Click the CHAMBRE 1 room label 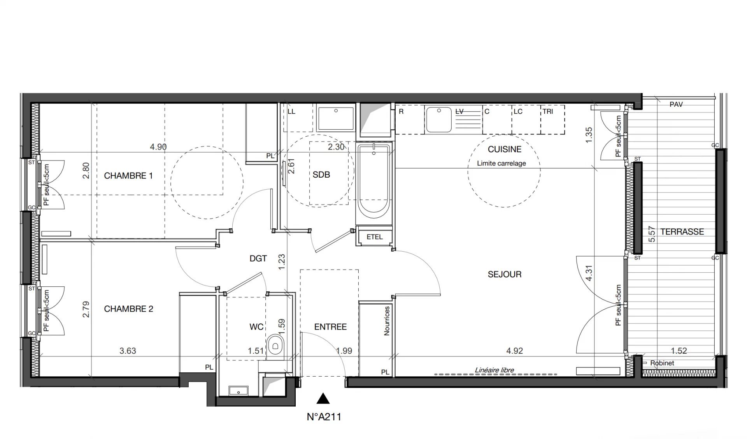pyautogui.click(x=128, y=176)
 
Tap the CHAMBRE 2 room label pyautogui.click(x=128, y=309)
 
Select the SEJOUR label pyautogui.click(x=504, y=274)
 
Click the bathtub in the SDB pyautogui.click(x=373, y=179)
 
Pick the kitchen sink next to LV pyautogui.click(x=439, y=120)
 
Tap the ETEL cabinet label pyautogui.click(x=374, y=237)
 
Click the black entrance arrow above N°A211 pyautogui.click(x=323, y=398)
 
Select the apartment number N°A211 pyautogui.click(x=324, y=417)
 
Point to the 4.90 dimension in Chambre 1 pyautogui.click(x=158, y=147)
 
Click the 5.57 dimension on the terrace pyautogui.click(x=652, y=234)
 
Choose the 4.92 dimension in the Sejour pyautogui.click(x=514, y=351)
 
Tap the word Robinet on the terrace pyautogui.click(x=662, y=363)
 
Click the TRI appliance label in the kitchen pyautogui.click(x=547, y=111)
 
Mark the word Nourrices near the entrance pyautogui.click(x=387, y=321)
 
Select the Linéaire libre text pyautogui.click(x=494, y=370)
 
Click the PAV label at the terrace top pyautogui.click(x=676, y=104)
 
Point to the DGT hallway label pyautogui.click(x=258, y=258)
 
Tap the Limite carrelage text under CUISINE pyautogui.click(x=502, y=164)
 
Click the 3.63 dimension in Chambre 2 pyautogui.click(x=128, y=351)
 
